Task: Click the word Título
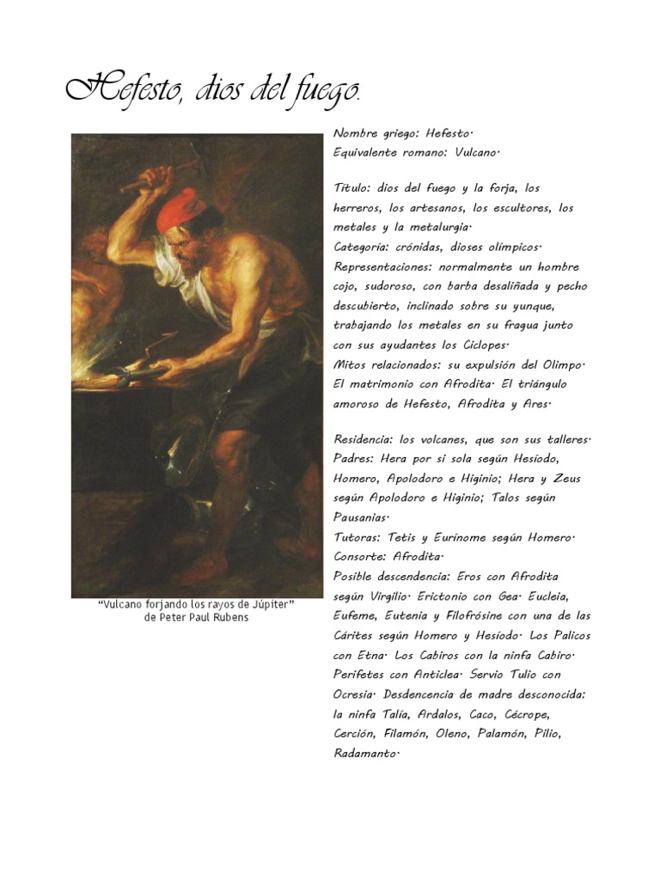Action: tap(351, 187)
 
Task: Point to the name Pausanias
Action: tap(360, 517)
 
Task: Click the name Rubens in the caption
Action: tap(228, 618)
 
